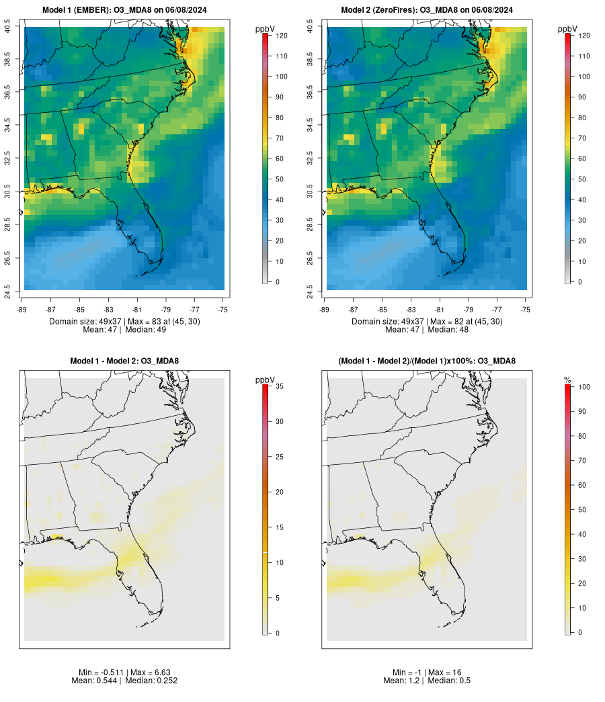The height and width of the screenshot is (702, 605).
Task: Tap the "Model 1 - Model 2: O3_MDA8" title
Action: [x=124, y=361]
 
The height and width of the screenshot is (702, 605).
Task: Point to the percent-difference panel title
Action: [x=427, y=361]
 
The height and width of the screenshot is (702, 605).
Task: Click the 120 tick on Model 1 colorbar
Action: [x=281, y=36]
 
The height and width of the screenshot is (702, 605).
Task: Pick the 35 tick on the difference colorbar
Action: [x=278, y=386]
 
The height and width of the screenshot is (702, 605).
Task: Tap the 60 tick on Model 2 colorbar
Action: [x=583, y=159]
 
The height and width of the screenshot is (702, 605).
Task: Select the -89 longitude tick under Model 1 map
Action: [x=24, y=310]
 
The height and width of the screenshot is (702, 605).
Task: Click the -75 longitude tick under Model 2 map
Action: [x=526, y=310]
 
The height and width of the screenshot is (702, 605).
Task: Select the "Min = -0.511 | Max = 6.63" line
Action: [x=124, y=672]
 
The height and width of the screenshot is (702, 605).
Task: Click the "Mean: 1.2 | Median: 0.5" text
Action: [x=427, y=681]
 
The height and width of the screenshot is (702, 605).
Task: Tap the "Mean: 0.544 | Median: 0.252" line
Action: [x=124, y=681]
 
